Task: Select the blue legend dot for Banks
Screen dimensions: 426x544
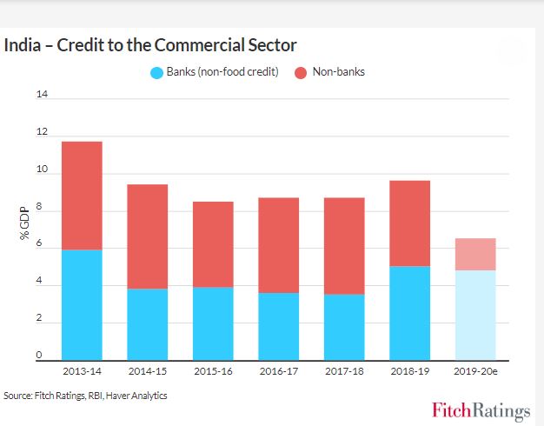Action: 156,72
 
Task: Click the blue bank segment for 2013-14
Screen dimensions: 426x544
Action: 82,304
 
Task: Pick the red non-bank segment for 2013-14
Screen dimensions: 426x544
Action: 82,196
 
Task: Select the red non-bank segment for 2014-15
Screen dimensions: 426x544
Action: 147,236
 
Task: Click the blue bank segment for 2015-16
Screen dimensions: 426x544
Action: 213,323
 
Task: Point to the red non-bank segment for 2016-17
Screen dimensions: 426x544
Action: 278,245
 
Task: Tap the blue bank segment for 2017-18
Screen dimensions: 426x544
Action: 344,327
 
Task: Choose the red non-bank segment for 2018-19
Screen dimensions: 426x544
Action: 409,223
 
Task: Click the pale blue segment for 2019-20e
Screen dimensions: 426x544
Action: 474,315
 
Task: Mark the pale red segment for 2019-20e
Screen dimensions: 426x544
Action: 474,254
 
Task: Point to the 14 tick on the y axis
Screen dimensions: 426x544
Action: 41,94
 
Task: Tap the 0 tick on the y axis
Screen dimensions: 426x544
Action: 39,356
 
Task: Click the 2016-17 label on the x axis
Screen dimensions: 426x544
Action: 278,371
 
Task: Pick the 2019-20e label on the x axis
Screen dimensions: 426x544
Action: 475,371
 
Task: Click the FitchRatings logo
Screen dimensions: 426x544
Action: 481,409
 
